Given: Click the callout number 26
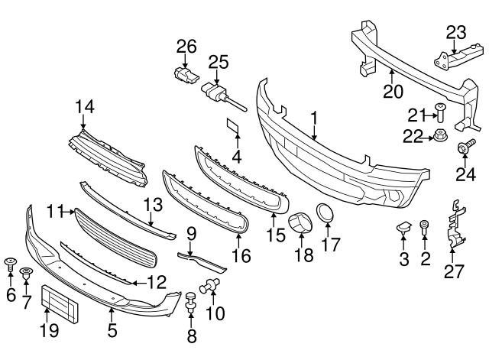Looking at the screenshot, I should pos(182,46).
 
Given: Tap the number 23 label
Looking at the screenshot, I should pos(455,31).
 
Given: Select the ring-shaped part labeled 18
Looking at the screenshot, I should pos(299,225).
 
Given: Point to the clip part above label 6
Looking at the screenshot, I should pos(10,265).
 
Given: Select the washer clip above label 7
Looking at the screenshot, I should pos(26,272).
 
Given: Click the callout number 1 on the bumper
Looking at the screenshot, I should pos(313,117).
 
